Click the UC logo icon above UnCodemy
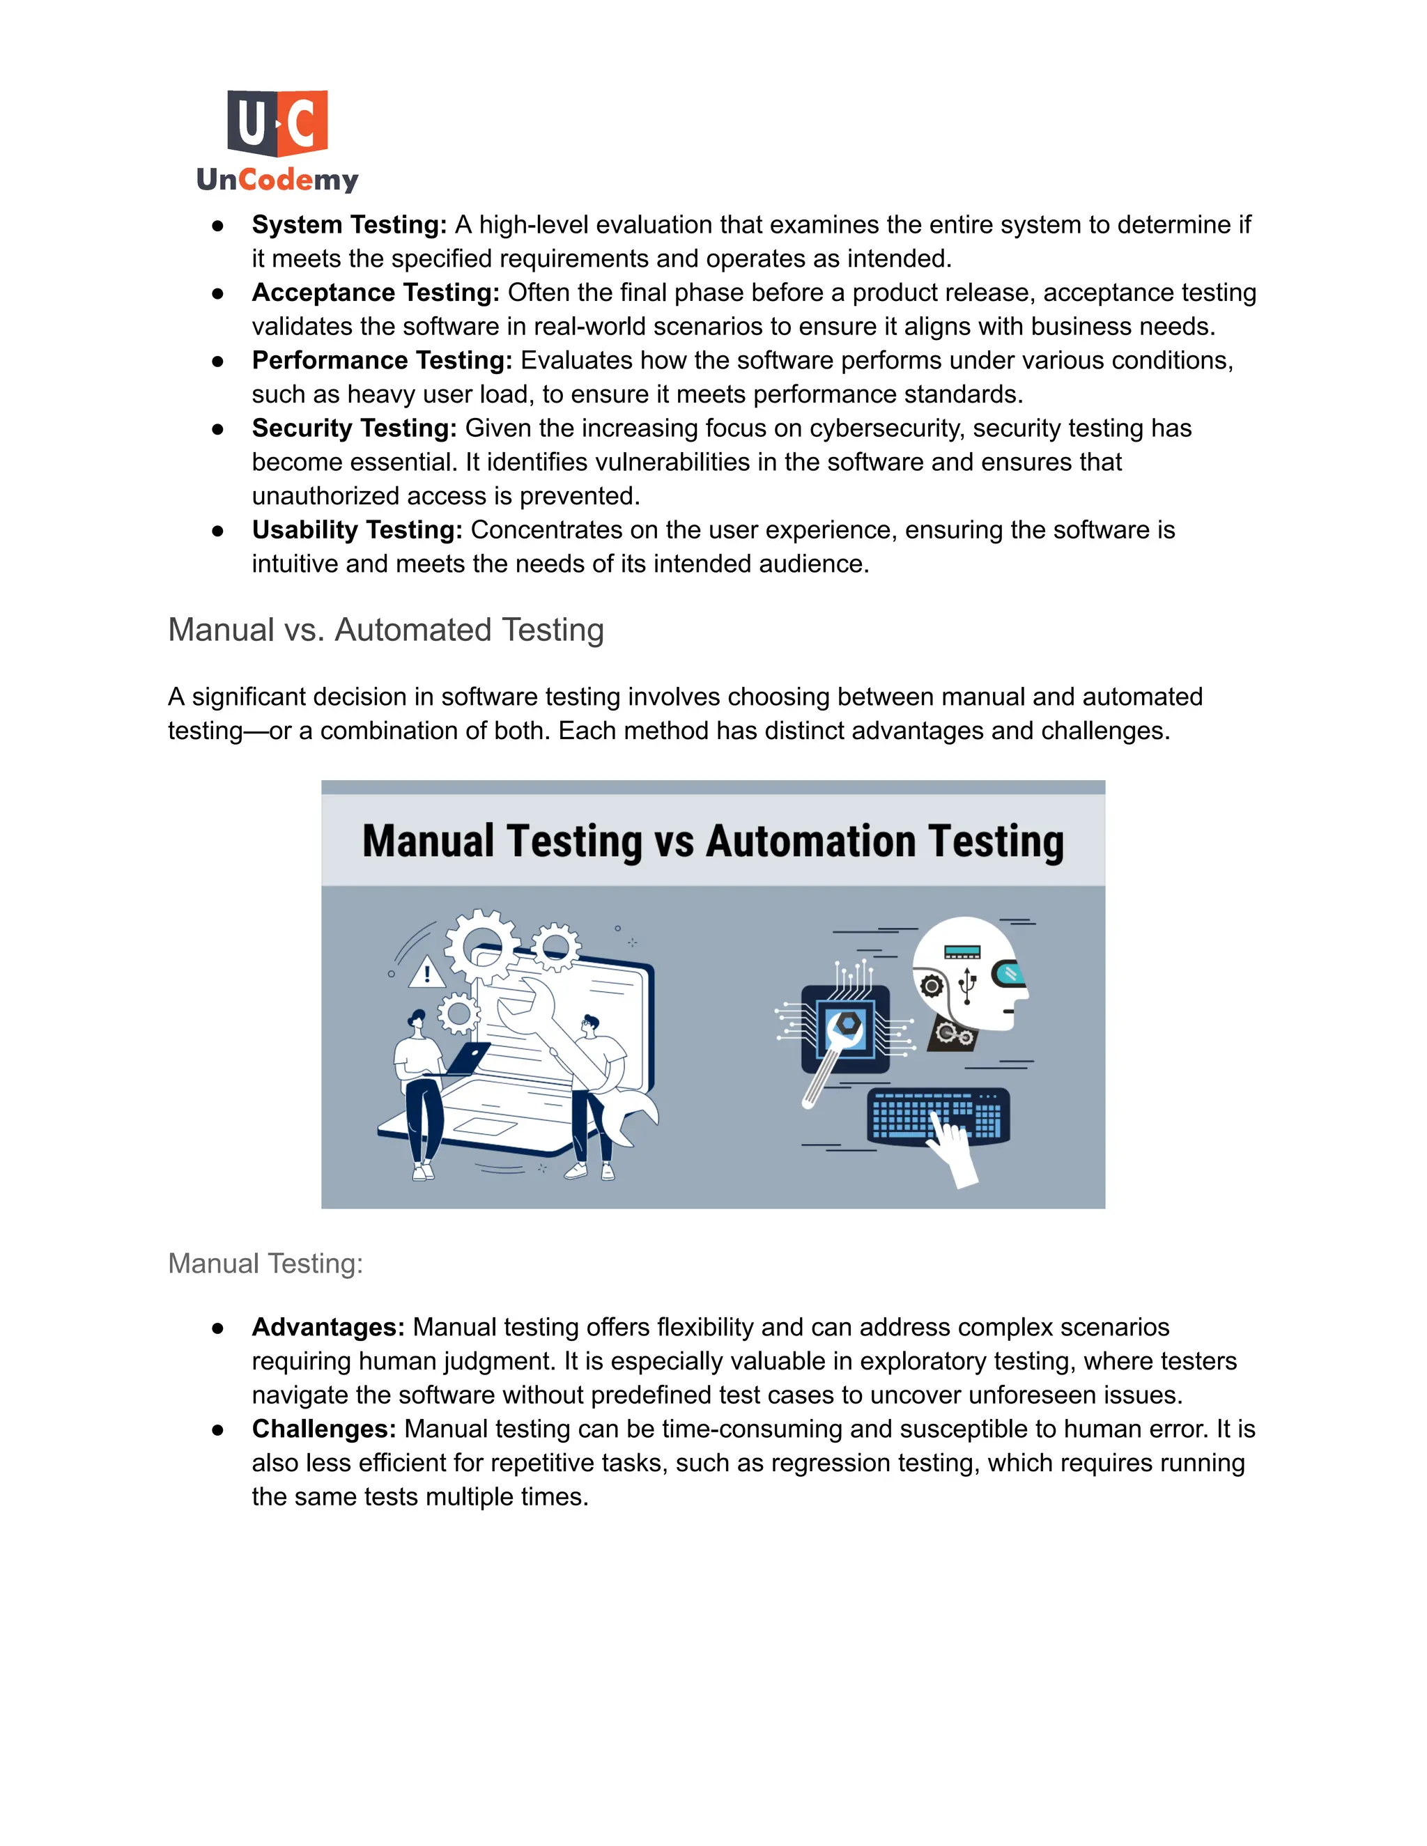tap(277, 123)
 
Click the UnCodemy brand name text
tap(277, 179)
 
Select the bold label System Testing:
tap(348, 225)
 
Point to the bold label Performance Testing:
tap(381, 361)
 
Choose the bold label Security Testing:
tap(354, 428)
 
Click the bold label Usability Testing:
tap(357, 530)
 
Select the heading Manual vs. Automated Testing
tap(385, 630)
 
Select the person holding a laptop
tap(420, 1090)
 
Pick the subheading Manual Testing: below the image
tap(265, 1263)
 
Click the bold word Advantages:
tap(328, 1327)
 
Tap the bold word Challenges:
tap(324, 1429)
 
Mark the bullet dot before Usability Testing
tap(217, 531)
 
